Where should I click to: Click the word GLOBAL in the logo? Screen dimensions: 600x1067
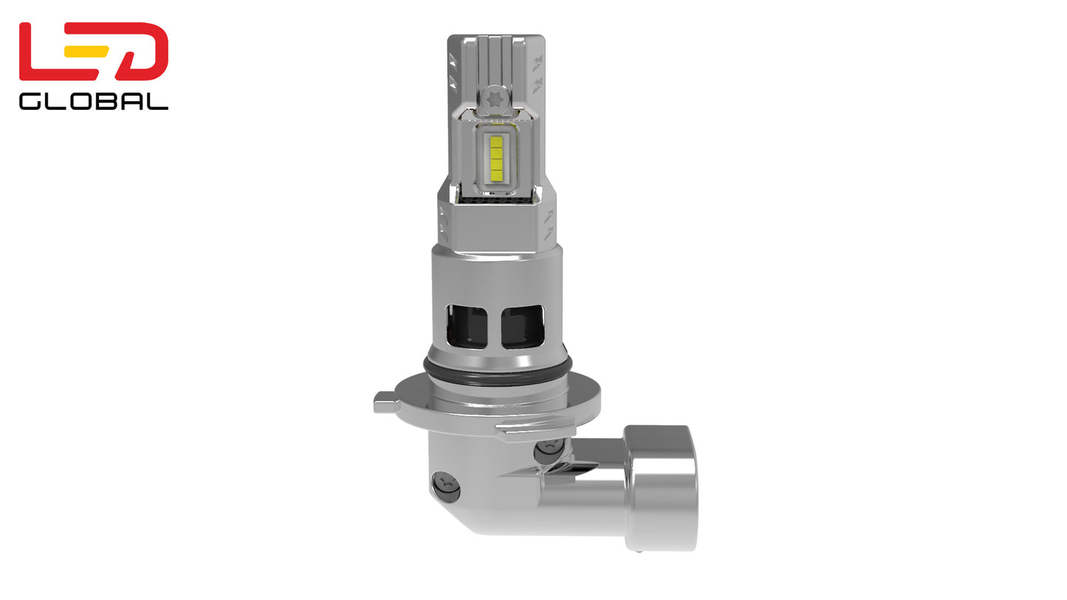(93, 101)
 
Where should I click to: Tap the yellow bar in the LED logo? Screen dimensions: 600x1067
(86, 52)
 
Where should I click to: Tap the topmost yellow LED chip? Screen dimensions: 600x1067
(496, 142)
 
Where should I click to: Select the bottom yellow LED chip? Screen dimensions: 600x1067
(496, 176)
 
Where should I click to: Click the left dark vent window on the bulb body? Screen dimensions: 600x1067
(466, 326)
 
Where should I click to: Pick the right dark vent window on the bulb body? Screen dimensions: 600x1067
(522, 326)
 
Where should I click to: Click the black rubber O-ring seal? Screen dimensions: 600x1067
(497, 368)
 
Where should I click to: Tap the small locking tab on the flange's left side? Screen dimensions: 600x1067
(385, 402)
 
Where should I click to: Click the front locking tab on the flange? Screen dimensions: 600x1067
(534, 428)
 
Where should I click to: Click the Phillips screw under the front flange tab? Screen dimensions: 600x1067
(549, 449)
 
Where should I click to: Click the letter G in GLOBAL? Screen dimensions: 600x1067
(30, 101)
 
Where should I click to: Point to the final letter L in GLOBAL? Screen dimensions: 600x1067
(158, 101)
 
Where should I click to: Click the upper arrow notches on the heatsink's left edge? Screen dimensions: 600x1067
(452, 69)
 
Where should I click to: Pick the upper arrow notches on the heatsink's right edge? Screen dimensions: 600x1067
(538, 69)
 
